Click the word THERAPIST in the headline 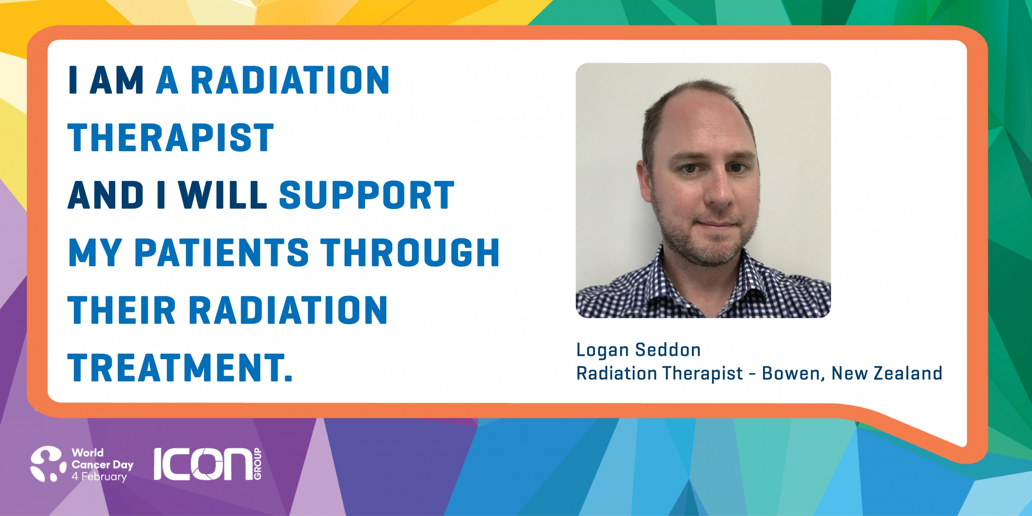pyautogui.click(x=171, y=138)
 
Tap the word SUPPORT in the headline pyautogui.click(x=367, y=195)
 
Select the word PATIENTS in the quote pyautogui.click(x=221, y=252)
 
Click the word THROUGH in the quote pyautogui.click(x=410, y=252)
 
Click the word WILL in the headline pyautogui.click(x=223, y=195)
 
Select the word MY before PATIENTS pyautogui.click(x=95, y=252)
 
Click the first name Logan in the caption pyautogui.click(x=601, y=350)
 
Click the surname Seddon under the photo pyautogui.click(x=668, y=350)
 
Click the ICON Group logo pyautogui.click(x=208, y=464)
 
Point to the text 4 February pyautogui.click(x=99, y=476)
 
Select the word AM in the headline pyautogui.click(x=117, y=80)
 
